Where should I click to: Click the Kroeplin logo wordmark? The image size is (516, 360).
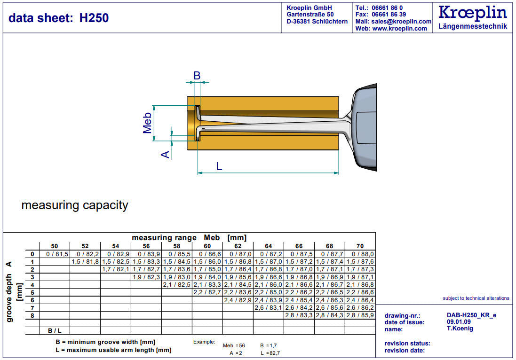(x=473, y=13)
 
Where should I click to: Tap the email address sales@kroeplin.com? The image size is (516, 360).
(x=401, y=21)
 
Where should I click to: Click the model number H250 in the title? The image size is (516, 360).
(x=94, y=18)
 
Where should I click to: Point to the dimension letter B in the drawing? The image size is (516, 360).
(x=197, y=76)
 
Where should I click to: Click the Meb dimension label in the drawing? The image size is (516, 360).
(x=147, y=123)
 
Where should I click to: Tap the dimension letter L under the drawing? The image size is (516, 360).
(x=219, y=166)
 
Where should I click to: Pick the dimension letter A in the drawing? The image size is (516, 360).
(x=165, y=154)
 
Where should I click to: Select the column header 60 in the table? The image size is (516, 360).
(x=207, y=246)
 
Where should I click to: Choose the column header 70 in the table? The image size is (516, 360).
(x=360, y=246)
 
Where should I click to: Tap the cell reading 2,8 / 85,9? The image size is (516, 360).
(x=360, y=315)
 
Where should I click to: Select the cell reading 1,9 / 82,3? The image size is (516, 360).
(x=146, y=277)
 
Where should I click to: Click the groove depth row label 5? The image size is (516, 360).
(x=32, y=293)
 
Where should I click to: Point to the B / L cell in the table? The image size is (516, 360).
(x=55, y=331)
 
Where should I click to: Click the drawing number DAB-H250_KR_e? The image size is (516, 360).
(x=472, y=315)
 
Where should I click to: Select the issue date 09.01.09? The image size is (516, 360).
(x=459, y=322)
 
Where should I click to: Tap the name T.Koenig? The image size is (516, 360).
(x=460, y=329)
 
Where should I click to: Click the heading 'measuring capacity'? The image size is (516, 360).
(x=75, y=205)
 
